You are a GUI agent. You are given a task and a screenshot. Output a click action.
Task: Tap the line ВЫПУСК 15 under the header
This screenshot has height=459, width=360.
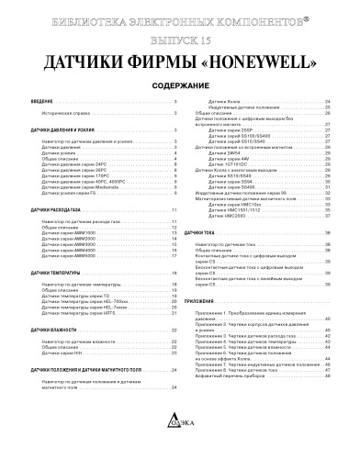[180, 42]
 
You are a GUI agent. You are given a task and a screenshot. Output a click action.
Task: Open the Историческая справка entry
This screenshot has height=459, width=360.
[66, 115]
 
